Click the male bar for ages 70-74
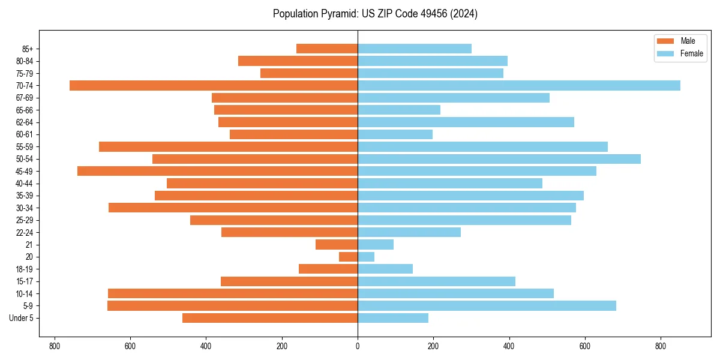pyautogui.click(x=214, y=86)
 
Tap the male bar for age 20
pyautogui.click(x=349, y=257)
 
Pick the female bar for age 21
pyautogui.click(x=376, y=245)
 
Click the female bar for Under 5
pyautogui.click(x=393, y=318)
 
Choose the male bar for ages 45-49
pyautogui.click(x=217, y=171)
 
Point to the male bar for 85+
pyautogui.click(x=327, y=49)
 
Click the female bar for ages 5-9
pyautogui.click(x=487, y=306)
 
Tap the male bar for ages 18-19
pyautogui.click(x=328, y=269)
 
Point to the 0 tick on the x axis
pyautogui.click(x=358, y=346)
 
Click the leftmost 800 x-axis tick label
pyautogui.click(x=55, y=346)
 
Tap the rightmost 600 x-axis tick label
pyautogui.click(x=585, y=346)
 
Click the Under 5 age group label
pyautogui.click(x=22, y=318)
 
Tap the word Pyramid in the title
pyautogui.click(x=340, y=14)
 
